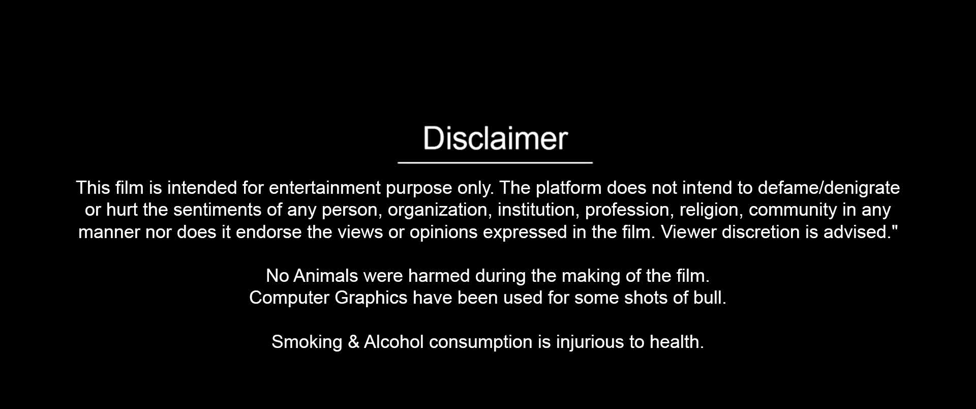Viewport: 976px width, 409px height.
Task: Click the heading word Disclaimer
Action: point(495,138)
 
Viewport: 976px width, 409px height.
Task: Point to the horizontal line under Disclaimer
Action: point(495,163)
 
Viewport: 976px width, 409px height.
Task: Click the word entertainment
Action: point(324,188)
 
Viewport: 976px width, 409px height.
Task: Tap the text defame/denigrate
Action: point(829,188)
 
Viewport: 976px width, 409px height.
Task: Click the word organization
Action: point(440,211)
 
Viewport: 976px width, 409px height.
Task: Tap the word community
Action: point(793,211)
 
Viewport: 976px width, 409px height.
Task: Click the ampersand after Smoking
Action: point(354,342)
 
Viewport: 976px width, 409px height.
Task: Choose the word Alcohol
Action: point(393,342)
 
